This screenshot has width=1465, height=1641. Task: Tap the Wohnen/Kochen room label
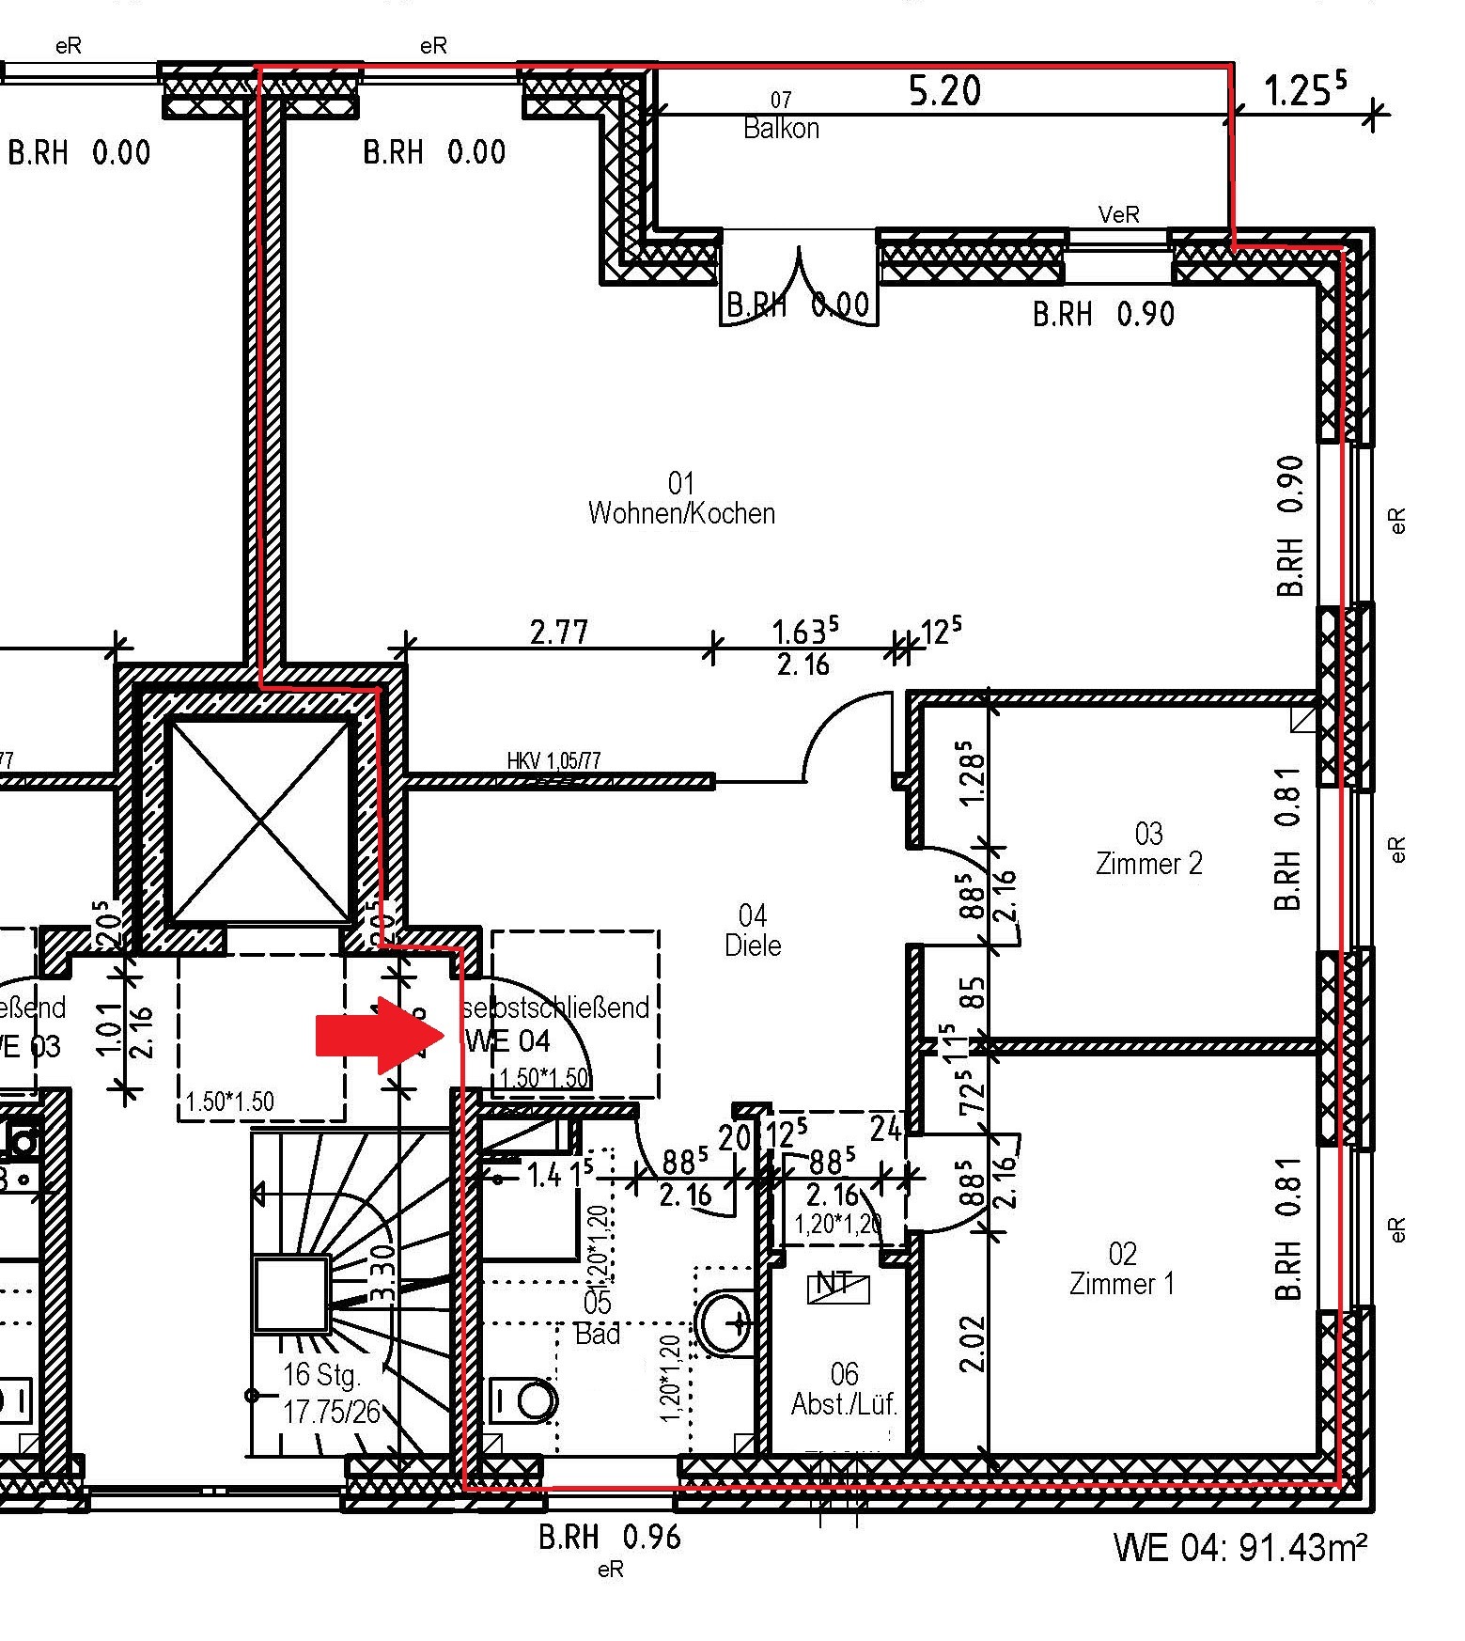[x=681, y=500]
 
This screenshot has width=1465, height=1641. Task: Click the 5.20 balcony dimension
[x=944, y=91]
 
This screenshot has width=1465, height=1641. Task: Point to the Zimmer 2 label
[x=1148, y=849]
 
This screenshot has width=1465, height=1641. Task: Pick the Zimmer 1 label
[x=1122, y=1269]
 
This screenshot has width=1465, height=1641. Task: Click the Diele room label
[x=753, y=930]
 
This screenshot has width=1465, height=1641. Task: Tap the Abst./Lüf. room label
[x=844, y=1389]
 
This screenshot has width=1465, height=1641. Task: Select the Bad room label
[x=598, y=1318]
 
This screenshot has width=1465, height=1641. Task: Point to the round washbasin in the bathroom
[x=725, y=1322]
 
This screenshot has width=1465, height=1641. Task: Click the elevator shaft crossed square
[x=260, y=819]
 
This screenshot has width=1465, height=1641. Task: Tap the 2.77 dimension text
[x=559, y=632]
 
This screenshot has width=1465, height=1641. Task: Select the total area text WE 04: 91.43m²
[x=1239, y=1547]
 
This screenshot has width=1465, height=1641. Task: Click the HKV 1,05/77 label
[x=553, y=760]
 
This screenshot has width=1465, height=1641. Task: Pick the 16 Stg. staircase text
[x=322, y=1375]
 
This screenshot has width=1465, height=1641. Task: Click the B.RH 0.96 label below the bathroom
[x=609, y=1538]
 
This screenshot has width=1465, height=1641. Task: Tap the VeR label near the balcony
[x=1118, y=215]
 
